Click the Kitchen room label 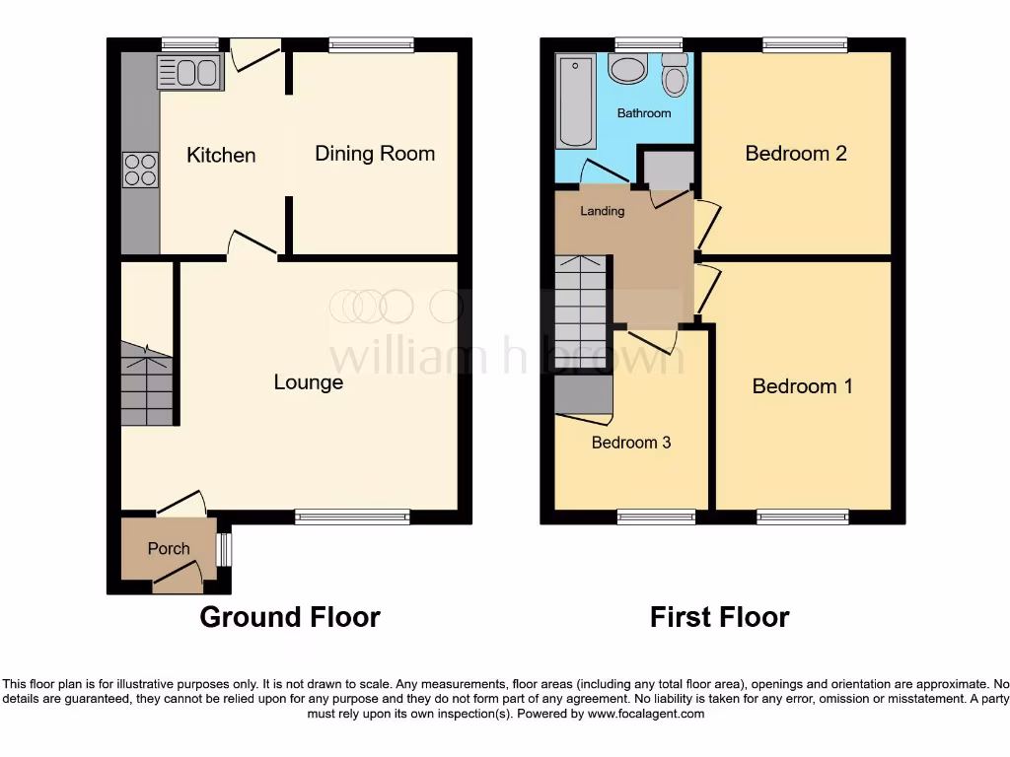[x=221, y=155]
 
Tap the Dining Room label [x=375, y=153]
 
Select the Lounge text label [x=309, y=381]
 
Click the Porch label [x=168, y=548]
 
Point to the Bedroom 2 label [x=795, y=153]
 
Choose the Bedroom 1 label [x=802, y=385]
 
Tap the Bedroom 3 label [x=631, y=443]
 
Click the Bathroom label [x=644, y=113]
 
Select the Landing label [x=602, y=211]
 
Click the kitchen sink [x=189, y=72]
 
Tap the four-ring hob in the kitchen [x=140, y=170]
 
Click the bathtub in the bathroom [x=576, y=102]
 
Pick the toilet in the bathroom [x=675, y=76]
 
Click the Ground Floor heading [x=290, y=617]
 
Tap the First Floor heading [x=719, y=617]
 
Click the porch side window [x=225, y=550]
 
